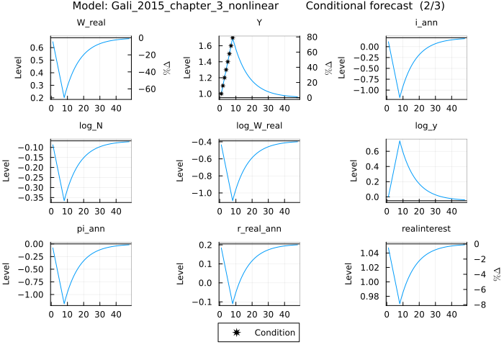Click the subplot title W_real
coord(91,23)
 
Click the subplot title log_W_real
coord(259,126)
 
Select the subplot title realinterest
coord(428,229)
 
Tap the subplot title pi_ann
coord(91,229)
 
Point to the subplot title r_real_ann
coord(259,229)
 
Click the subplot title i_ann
coord(428,23)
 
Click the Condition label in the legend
coord(274,333)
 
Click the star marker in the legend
coord(236,333)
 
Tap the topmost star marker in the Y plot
coord(233,37)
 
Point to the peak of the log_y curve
coord(400,141)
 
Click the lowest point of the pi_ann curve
coord(64,303)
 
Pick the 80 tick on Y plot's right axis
coord(306,37)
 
